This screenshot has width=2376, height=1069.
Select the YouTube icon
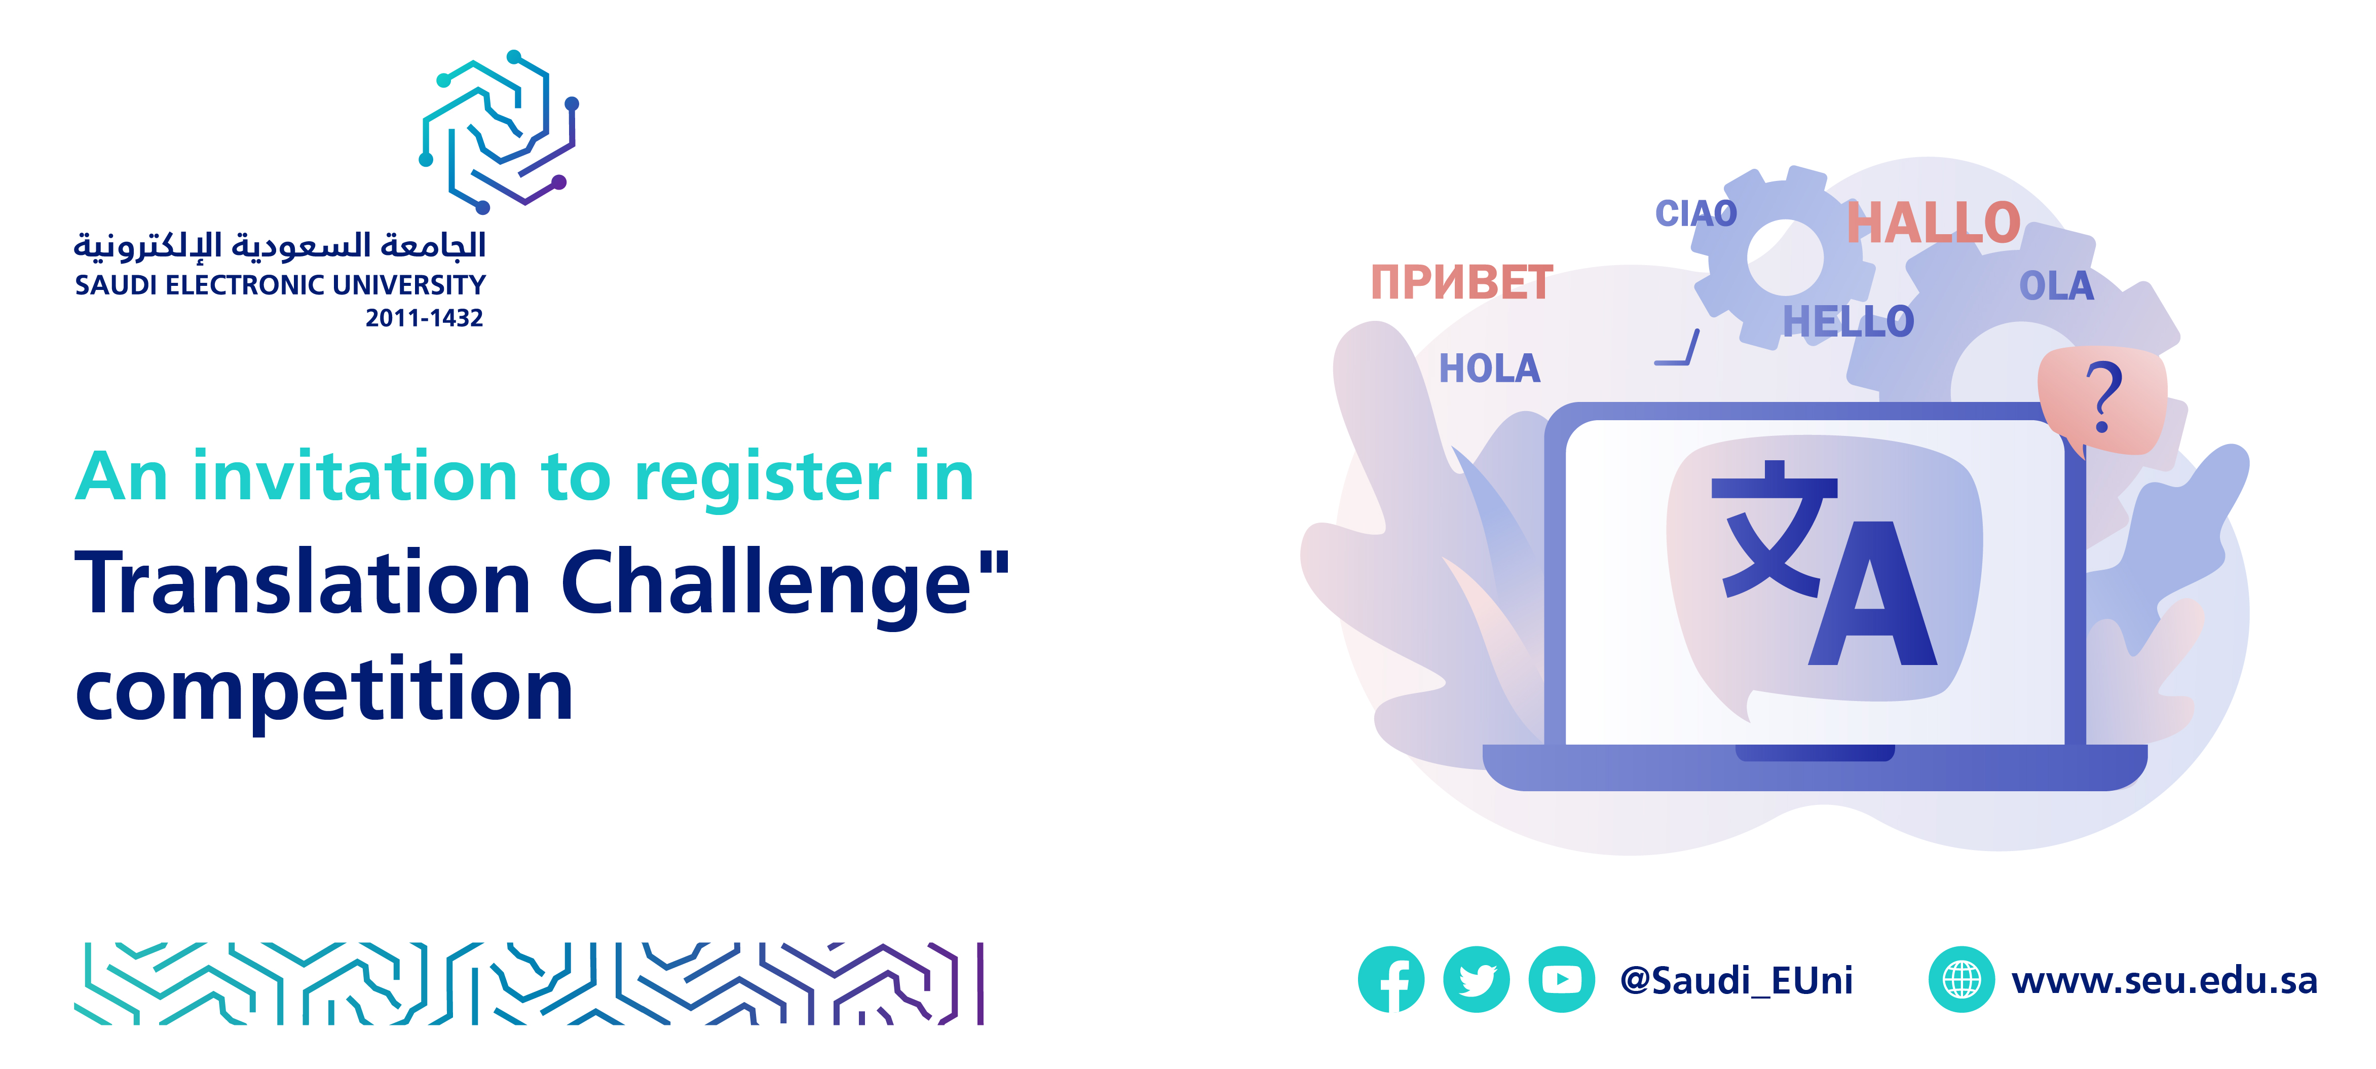pos(1562,979)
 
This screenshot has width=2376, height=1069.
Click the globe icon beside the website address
pos(1961,979)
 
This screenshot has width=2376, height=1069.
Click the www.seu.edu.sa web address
pos(2164,980)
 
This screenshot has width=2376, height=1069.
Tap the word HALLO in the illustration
pos(1933,223)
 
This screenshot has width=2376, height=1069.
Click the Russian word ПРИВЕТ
pos(1462,282)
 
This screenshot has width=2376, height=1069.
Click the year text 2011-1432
pos(424,318)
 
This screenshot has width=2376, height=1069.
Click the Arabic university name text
pos(280,245)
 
